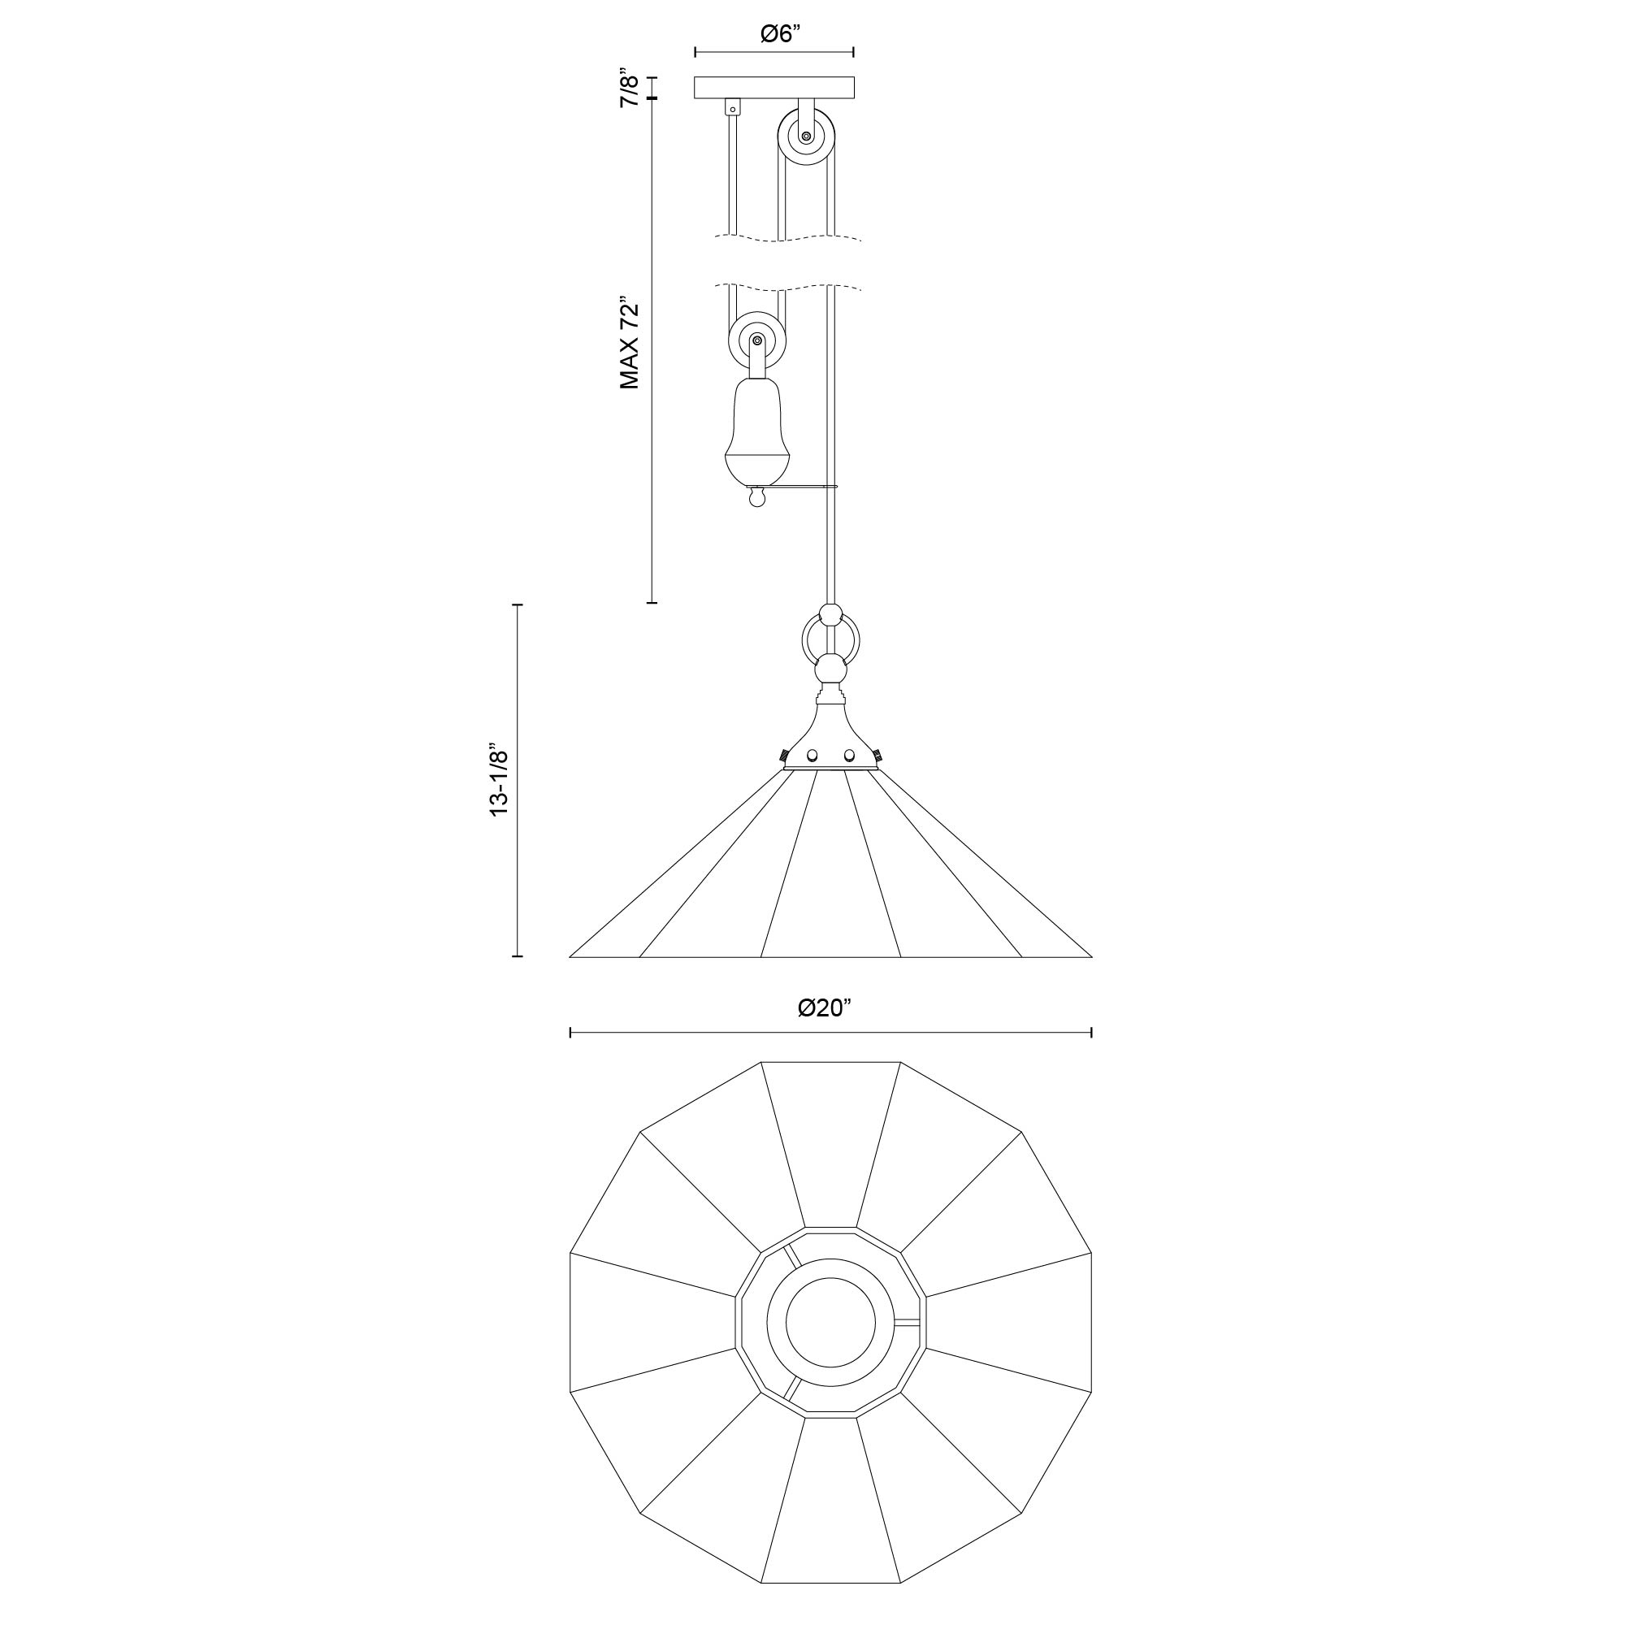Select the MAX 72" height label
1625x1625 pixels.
point(630,342)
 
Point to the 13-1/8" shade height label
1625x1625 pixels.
point(500,779)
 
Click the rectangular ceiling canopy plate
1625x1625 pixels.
point(773,89)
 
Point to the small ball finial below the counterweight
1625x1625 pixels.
point(758,500)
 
